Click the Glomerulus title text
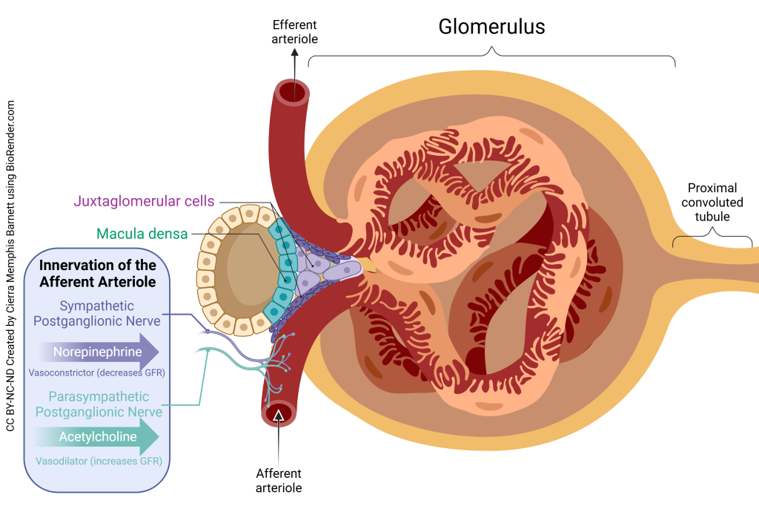(x=491, y=27)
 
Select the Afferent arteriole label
(x=279, y=480)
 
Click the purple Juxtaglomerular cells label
(x=144, y=200)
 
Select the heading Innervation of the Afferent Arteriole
(x=97, y=273)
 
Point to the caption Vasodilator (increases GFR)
(x=99, y=461)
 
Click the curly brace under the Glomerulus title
(x=491, y=53)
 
